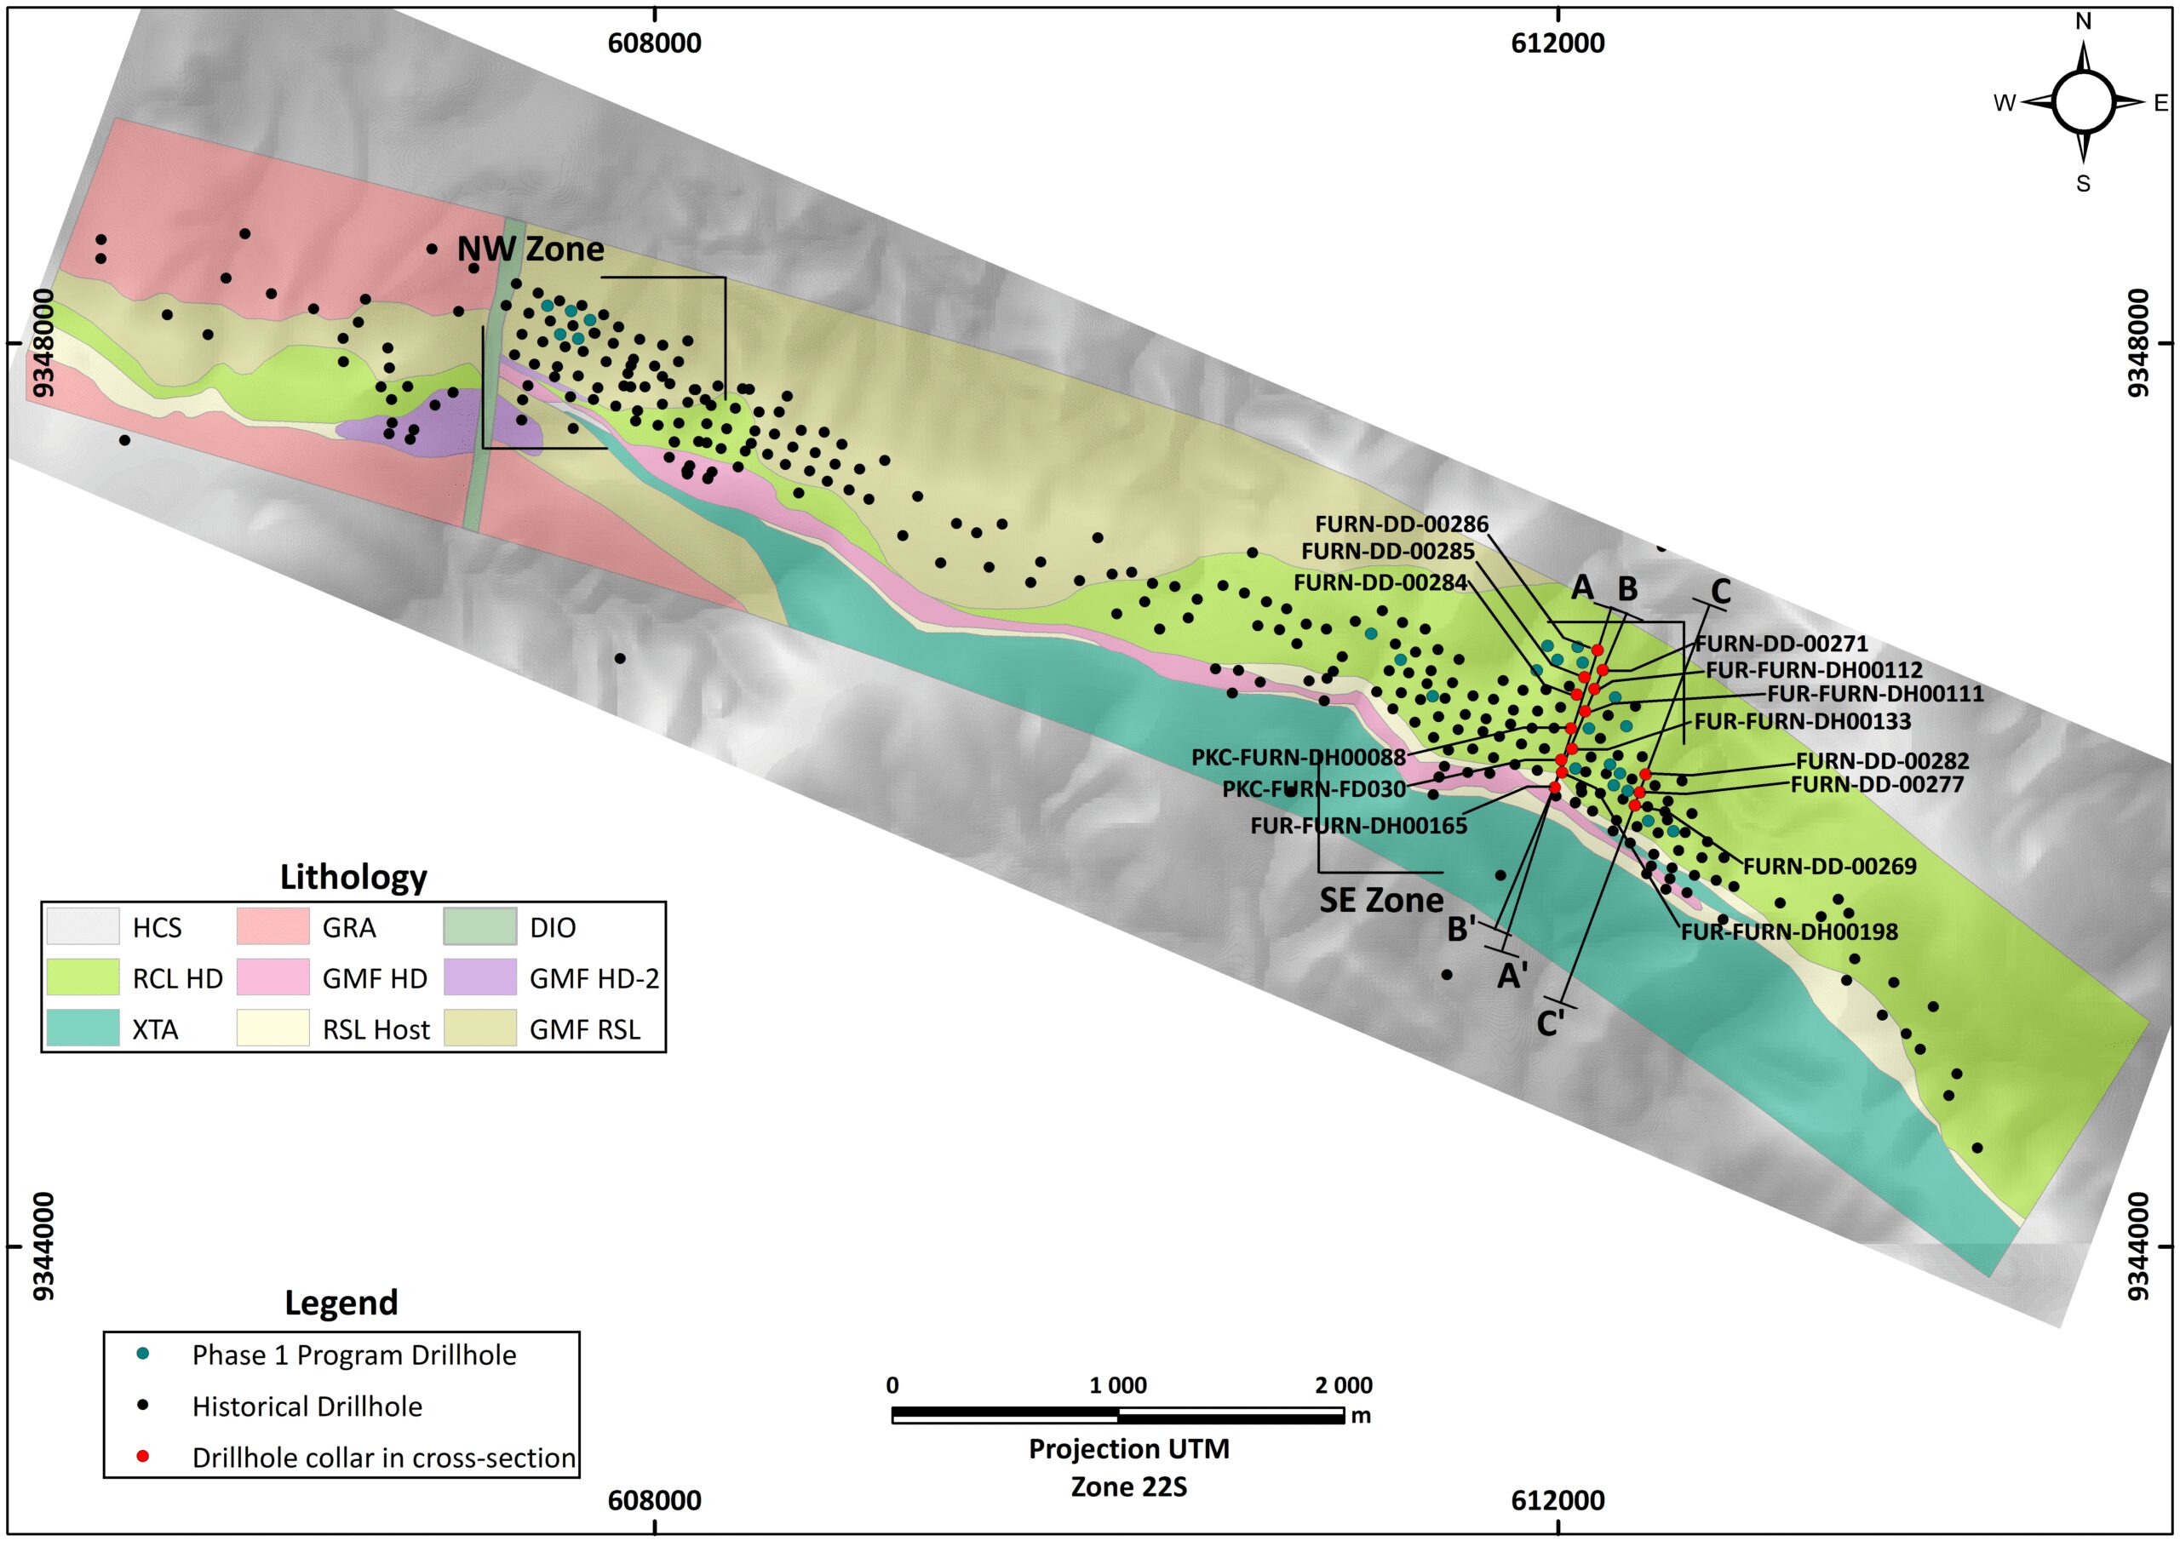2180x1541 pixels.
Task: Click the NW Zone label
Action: click(530, 249)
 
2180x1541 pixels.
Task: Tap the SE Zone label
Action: click(1380, 899)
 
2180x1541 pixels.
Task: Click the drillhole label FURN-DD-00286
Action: click(1401, 524)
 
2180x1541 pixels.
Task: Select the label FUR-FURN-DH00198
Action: click(1789, 931)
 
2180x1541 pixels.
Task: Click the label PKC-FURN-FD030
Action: click(1313, 789)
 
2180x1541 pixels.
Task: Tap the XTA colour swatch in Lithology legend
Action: click(83, 1028)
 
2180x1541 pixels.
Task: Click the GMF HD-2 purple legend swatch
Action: click(479, 977)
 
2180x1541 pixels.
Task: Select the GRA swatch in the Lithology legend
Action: click(272, 925)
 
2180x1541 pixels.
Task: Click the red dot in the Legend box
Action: click(142, 1456)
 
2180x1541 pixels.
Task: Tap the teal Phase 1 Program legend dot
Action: click(142, 1353)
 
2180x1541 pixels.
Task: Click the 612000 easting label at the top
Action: click(1558, 43)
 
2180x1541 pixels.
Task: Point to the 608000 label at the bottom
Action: click(654, 1500)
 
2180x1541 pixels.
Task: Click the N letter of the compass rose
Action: click(2083, 21)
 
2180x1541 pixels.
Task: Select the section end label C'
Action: click(1550, 1024)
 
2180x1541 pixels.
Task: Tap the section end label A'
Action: click(1512, 975)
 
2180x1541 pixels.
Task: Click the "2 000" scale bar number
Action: click(1344, 1385)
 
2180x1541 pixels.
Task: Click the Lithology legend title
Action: click(353, 876)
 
